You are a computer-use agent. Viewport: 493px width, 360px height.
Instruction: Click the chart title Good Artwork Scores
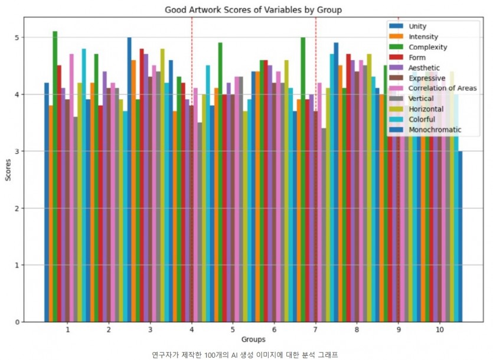pos(253,9)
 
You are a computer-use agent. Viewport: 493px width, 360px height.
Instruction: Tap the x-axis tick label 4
pos(192,329)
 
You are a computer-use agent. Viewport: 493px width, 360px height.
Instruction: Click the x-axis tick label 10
pos(439,329)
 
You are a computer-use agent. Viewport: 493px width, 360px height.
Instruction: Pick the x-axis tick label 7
pos(316,329)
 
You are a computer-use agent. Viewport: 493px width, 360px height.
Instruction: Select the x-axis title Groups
pos(253,339)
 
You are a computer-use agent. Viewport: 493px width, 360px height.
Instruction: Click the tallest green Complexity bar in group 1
pos(55,177)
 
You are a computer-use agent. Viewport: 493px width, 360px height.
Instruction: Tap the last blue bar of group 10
pos(460,236)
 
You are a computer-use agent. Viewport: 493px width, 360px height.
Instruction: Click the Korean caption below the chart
pos(245,354)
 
